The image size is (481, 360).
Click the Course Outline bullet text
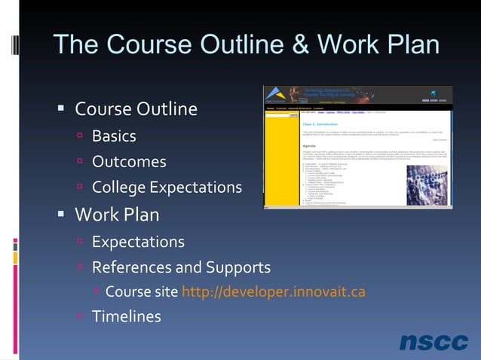(x=136, y=109)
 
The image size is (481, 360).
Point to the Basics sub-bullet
(x=114, y=136)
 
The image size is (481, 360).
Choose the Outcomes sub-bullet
(x=129, y=162)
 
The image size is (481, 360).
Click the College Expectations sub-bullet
(x=167, y=187)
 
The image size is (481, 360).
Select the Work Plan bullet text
(x=117, y=215)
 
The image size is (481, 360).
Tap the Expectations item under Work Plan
(x=138, y=242)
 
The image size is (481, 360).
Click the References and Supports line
(x=181, y=267)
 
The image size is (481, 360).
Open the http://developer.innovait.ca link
(x=274, y=291)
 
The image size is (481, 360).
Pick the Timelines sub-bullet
(x=127, y=316)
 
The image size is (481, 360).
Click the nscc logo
(x=434, y=342)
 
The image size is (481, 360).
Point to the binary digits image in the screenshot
(x=433, y=182)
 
